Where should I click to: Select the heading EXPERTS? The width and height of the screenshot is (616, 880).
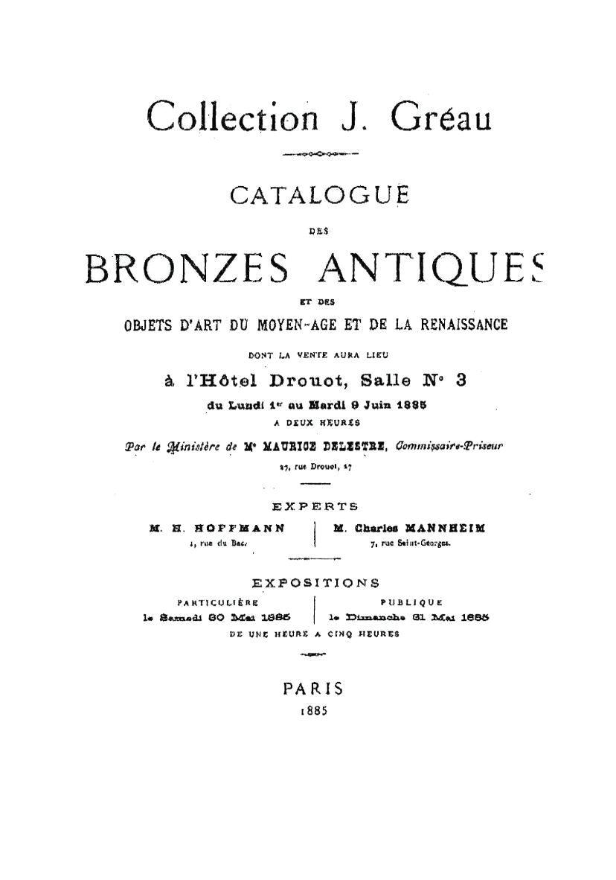315,506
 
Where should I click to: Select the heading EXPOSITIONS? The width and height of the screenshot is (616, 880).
315,582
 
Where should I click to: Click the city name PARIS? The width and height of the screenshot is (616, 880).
313,689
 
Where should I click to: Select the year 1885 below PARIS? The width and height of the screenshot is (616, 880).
313,710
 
